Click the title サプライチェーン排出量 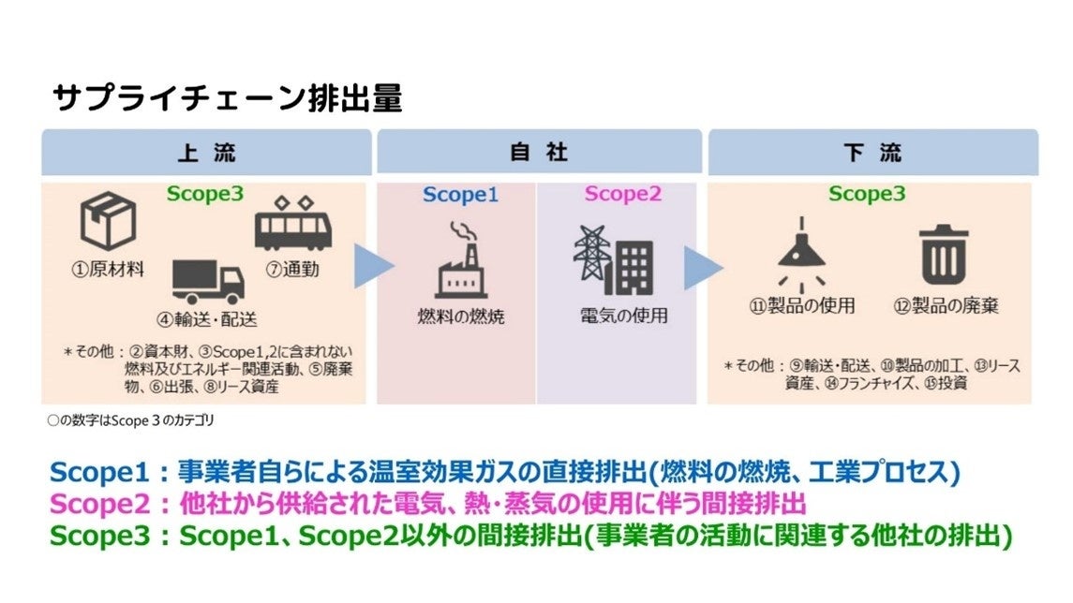228,98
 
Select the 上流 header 208,153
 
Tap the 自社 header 539,153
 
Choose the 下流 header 872,153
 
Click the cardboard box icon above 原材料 109,221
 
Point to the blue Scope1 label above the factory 460,195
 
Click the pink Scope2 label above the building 622,195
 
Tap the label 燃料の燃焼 460,316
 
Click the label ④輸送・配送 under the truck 206,318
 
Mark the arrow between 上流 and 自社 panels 372,267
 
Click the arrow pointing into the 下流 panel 703,267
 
